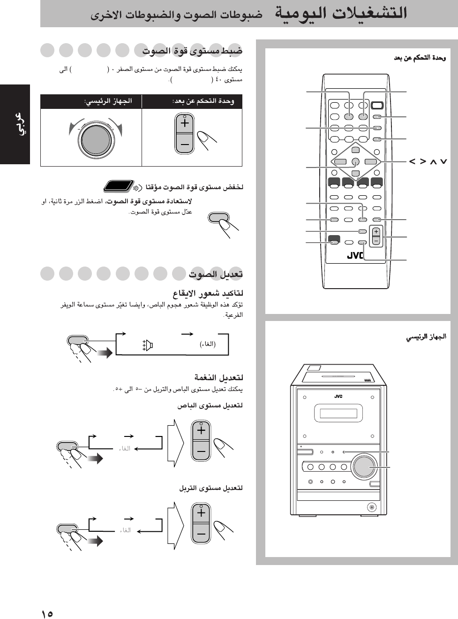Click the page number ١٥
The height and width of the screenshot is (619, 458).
click(47, 613)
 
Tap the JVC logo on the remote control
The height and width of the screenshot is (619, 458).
click(355, 256)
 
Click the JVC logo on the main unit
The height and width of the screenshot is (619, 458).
click(338, 397)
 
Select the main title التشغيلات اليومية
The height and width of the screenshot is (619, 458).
click(341, 13)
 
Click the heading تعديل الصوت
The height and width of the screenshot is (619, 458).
click(216, 274)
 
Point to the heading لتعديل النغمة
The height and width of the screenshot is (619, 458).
click(219, 377)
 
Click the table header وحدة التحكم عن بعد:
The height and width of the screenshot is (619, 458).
click(203, 101)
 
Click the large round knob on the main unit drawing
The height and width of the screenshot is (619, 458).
click(364, 466)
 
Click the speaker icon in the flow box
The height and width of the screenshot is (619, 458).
click(148, 346)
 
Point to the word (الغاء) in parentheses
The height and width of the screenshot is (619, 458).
click(208, 344)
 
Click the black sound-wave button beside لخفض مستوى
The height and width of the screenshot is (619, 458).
click(118, 186)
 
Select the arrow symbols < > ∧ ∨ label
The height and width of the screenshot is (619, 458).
click(428, 161)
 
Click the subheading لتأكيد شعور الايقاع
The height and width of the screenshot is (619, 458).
click(208, 294)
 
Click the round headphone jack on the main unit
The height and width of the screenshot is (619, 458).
click(372, 507)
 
